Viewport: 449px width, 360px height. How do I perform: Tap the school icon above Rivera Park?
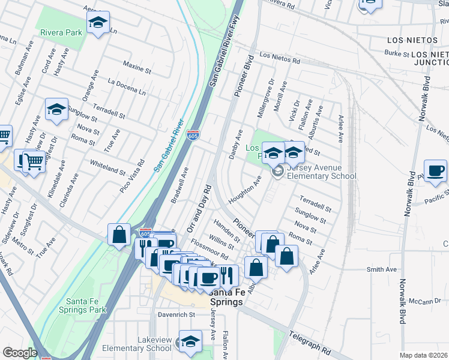[98, 23]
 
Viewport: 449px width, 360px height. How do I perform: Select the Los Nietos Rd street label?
[279, 58]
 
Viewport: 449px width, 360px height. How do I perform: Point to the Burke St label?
[397, 54]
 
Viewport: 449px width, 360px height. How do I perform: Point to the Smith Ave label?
[382, 269]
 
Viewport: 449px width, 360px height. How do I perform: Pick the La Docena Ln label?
[126, 87]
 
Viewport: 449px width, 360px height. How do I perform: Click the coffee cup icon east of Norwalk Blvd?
[435, 170]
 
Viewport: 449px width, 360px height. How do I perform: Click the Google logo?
[19, 353]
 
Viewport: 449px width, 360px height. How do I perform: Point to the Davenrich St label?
[176, 314]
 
